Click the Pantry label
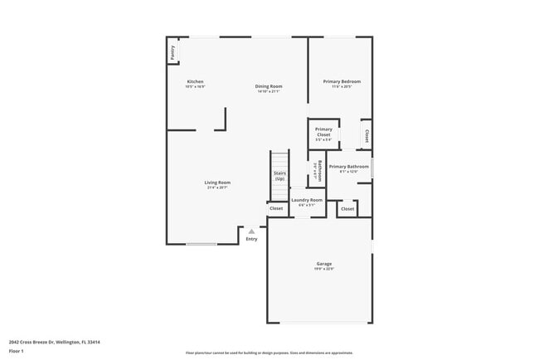coord(172,52)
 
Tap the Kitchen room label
coord(195,81)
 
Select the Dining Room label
coord(269,86)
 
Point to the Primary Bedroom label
coord(342,81)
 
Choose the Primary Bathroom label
coord(348,167)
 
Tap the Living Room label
coord(218,182)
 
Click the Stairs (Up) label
coord(279,176)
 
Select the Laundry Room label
coord(307,200)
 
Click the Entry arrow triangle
coord(251,231)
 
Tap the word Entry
coord(251,239)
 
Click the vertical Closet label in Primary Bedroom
coord(367,135)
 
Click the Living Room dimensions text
coord(218,187)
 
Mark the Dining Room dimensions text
coord(269,91)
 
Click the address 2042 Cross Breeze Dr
coord(48,341)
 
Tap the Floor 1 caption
coord(17,351)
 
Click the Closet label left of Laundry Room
coord(276,208)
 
